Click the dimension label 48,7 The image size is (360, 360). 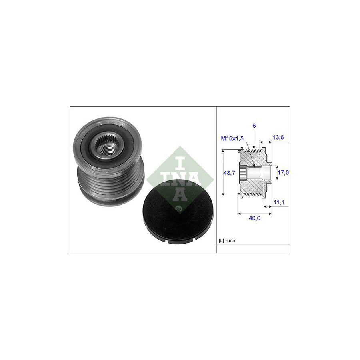coord(229,173)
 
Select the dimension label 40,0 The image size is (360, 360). coord(254,218)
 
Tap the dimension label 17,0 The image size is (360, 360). coord(283,172)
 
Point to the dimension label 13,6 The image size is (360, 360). coord(278,137)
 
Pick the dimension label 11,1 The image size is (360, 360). coord(279,202)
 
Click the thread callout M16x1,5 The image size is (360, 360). coord(232,138)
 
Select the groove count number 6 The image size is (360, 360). coord(254,126)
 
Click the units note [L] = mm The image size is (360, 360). coord(228,241)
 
